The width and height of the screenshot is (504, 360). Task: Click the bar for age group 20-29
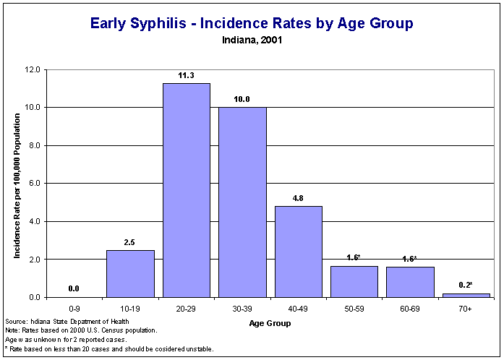187,190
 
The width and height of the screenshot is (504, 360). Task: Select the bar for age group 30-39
242,202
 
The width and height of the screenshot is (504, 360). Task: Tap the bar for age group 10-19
130,273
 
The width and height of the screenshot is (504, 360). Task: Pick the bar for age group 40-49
299,252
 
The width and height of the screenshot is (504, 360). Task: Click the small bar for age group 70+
466,295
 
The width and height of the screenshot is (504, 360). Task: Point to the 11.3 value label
187,74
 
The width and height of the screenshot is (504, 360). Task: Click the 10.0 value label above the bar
242,99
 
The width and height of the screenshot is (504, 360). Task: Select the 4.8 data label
299,197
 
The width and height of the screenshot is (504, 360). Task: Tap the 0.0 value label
74,288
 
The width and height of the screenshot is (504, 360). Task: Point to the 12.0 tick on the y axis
33,70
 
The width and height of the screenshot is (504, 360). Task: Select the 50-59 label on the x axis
354,309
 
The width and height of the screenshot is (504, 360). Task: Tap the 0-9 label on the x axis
74,309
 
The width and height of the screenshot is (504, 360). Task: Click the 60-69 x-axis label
410,309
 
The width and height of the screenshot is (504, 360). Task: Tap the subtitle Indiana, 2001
252,40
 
